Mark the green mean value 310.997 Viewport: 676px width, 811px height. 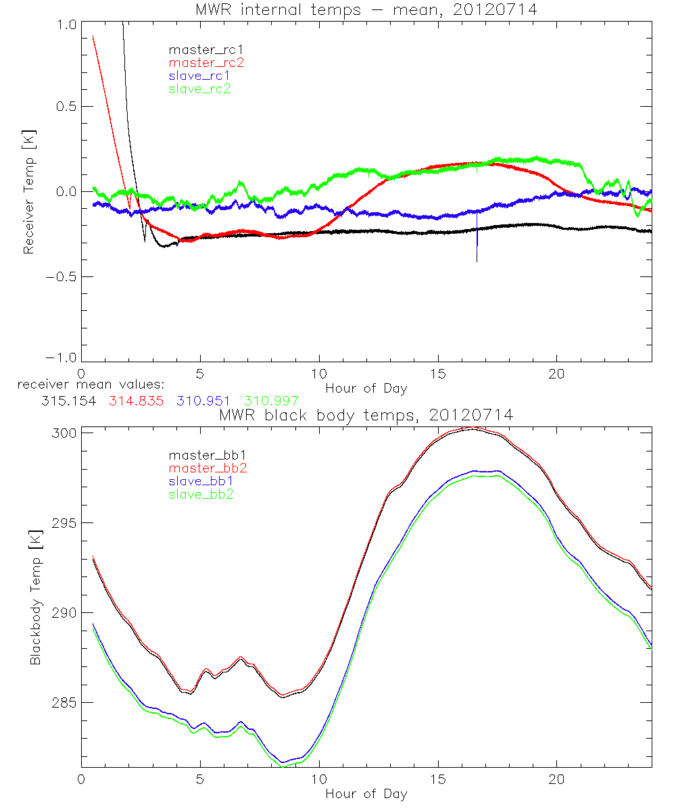tap(271, 401)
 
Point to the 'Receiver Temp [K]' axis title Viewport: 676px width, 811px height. tap(28, 193)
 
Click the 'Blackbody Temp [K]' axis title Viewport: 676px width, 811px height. tap(35, 599)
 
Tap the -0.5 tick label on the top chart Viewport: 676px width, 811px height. tap(59, 276)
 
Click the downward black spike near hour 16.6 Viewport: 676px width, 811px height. tap(477, 250)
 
